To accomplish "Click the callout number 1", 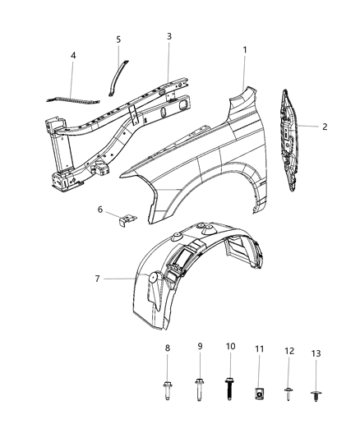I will click(x=244, y=50).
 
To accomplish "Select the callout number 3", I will click(x=168, y=37).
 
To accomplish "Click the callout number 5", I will click(x=118, y=39).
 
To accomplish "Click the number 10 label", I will click(x=230, y=347).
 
